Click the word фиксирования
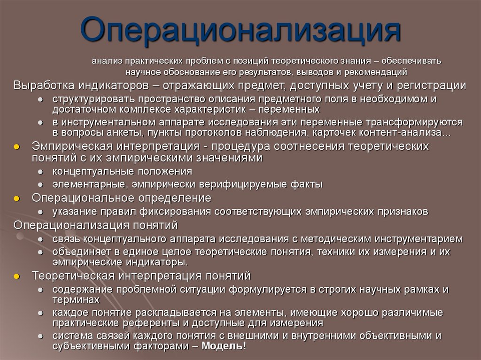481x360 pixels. [x=173, y=212]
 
